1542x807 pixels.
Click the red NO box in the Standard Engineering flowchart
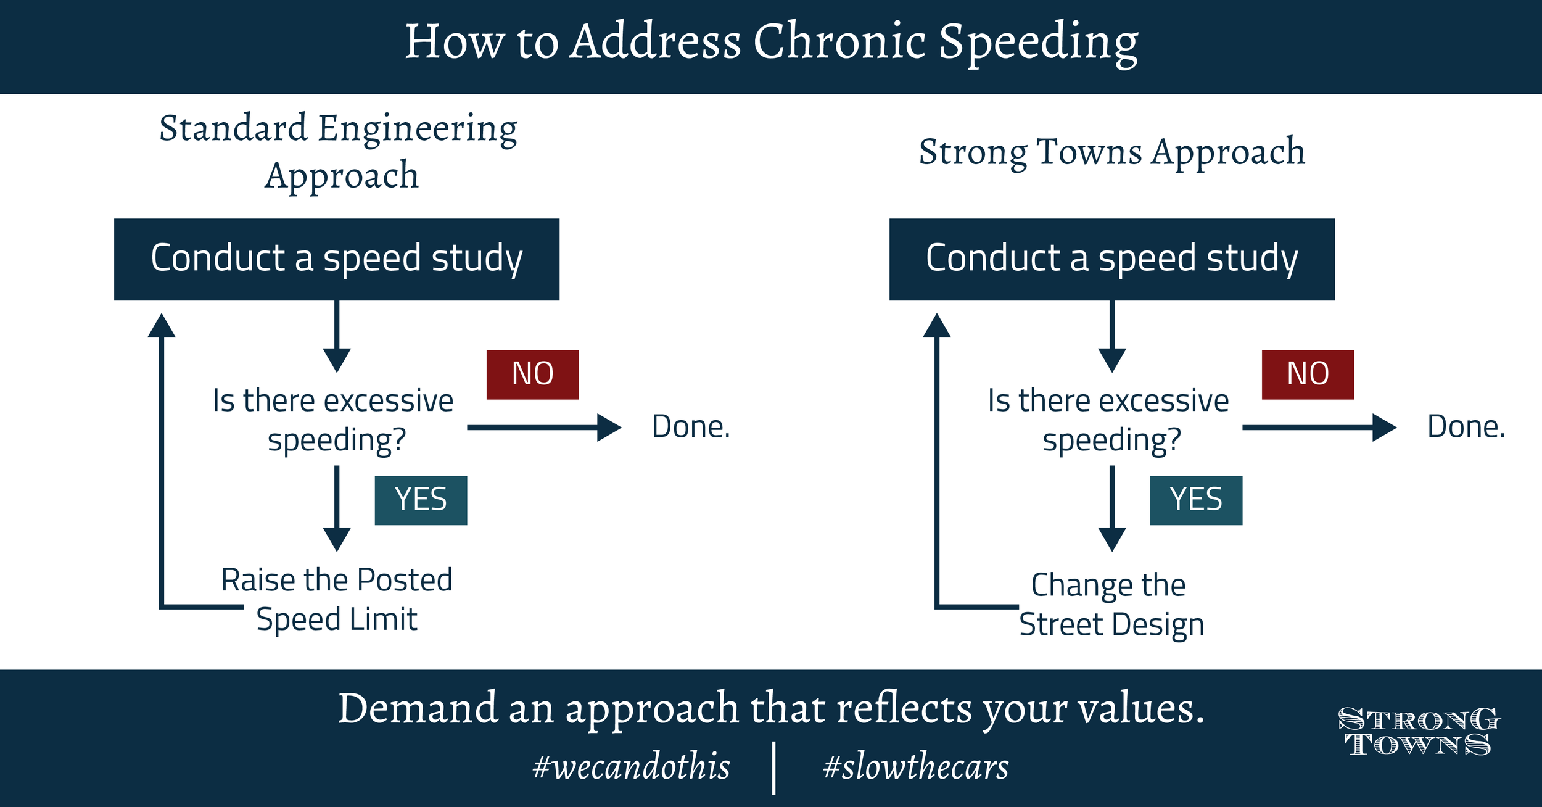pos(532,375)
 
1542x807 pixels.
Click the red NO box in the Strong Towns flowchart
pos(1308,375)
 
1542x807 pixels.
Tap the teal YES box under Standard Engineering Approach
pos(421,500)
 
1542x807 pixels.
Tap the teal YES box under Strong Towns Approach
pos(1196,500)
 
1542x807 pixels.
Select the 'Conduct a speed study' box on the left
pos(337,259)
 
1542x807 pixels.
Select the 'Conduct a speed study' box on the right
pos(1111,259)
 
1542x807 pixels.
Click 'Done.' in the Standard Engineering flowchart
pos(691,427)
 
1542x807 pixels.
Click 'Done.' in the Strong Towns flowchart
pos(1466,427)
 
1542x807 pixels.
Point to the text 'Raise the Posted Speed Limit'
pos(337,599)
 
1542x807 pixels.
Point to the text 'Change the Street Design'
pos(1110,604)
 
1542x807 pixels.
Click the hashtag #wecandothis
pos(631,767)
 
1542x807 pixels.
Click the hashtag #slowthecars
pos(916,767)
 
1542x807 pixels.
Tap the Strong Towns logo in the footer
pos(1419,732)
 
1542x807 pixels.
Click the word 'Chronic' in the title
pos(839,42)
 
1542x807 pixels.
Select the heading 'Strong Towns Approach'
pos(1112,152)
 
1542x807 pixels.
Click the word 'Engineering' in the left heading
pos(418,128)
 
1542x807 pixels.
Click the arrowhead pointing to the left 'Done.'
pos(609,428)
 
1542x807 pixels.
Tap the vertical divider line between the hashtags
pos(773,768)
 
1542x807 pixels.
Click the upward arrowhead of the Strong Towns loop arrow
pos(936,326)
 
